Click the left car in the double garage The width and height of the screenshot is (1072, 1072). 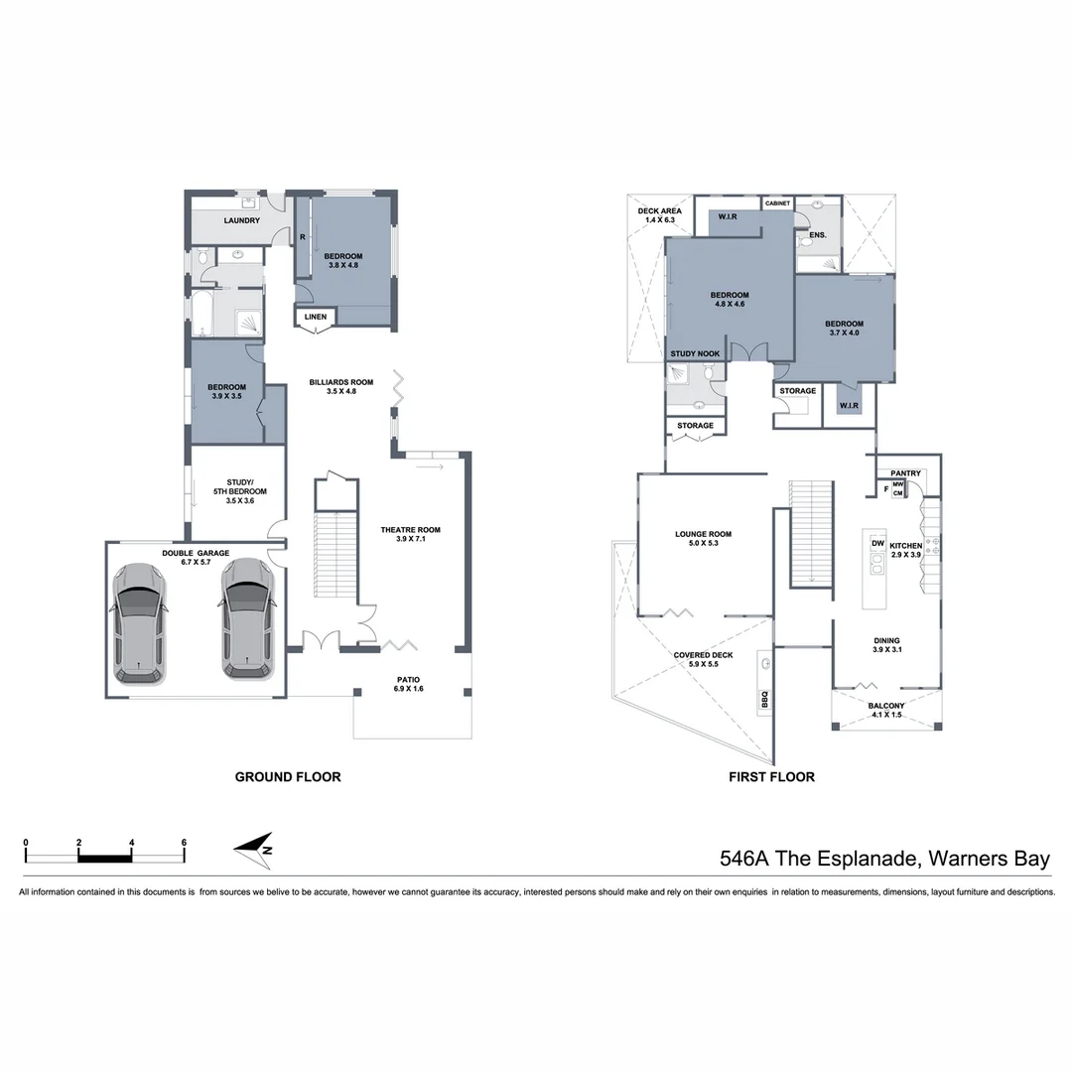[139, 621]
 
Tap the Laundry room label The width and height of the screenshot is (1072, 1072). [241, 220]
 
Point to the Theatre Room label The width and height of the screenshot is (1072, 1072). [410, 530]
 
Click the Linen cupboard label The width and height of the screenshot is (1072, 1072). [316, 318]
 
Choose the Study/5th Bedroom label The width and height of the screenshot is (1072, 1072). [233, 486]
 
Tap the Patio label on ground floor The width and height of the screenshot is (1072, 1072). [409, 679]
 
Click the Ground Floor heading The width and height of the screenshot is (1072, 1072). [288, 777]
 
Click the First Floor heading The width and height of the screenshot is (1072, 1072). [771, 777]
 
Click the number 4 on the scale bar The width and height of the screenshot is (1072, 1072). [132, 842]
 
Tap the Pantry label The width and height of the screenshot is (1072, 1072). [906, 473]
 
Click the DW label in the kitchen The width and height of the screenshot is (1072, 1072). [877, 544]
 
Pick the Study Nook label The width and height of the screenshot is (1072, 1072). [695, 353]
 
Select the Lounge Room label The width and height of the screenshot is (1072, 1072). [704, 534]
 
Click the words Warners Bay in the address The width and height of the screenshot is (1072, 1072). [987, 859]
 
